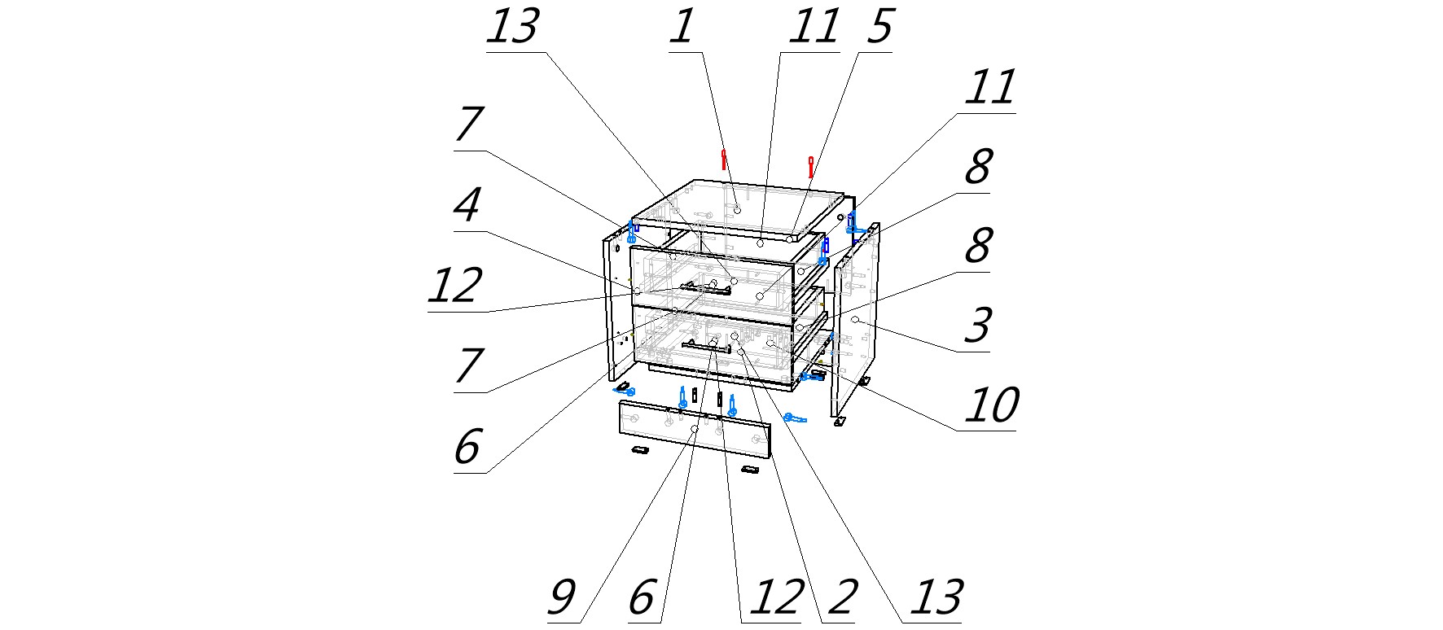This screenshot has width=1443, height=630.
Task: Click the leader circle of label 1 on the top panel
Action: click(x=737, y=209)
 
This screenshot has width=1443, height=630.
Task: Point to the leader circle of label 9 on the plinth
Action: click(x=694, y=429)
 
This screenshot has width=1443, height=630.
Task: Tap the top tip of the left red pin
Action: click(x=723, y=150)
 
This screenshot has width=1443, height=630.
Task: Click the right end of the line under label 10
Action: click(x=1016, y=431)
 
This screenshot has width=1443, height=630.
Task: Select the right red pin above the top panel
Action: click(x=810, y=166)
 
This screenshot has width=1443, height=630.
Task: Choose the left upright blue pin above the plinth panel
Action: click(x=682, y=397)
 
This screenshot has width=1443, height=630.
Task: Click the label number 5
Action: click(x=879, y=28)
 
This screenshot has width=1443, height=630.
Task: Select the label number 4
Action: click(x=467, y=206)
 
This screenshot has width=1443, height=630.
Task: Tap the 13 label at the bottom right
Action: click(x=937, y=598)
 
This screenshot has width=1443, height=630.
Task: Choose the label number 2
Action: click(x=842, y=598)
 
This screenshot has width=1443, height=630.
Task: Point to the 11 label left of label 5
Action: click(x=814, y=28)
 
